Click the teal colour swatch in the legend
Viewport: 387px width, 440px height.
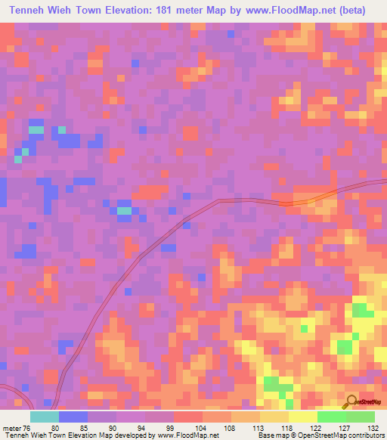[x=44, y=416]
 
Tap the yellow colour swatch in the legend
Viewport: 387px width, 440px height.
[x=302, y=416]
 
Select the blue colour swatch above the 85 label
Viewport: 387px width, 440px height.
[x=73, y=416]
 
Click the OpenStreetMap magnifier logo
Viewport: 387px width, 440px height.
[x=351, y=403]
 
